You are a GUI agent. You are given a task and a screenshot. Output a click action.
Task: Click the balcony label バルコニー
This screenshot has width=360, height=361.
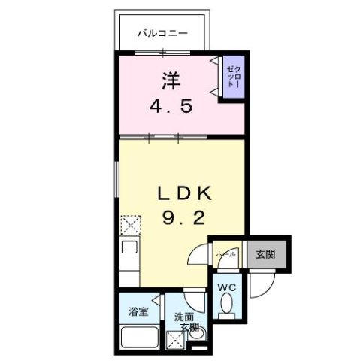(162, 32)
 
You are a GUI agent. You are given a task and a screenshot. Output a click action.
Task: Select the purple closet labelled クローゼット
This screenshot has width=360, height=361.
(231, 76)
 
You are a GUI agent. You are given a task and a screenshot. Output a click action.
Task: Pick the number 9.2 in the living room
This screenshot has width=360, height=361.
(185, 219)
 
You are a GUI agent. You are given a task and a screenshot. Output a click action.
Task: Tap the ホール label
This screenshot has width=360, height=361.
(226, 254)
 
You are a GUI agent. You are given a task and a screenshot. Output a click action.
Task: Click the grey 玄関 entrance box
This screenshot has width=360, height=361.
(264, 254)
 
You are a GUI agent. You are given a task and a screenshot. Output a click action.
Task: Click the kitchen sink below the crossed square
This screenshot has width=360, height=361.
(129, 247)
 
